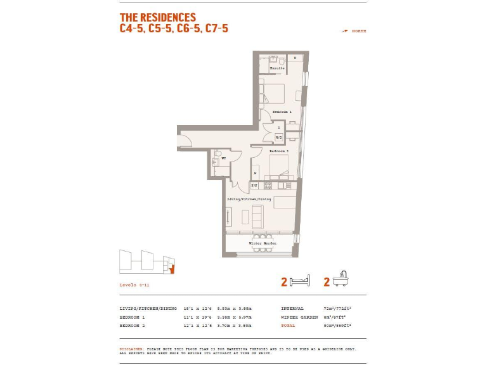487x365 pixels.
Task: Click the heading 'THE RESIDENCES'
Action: click(158, 18)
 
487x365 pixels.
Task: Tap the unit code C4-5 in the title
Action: click(131, 29)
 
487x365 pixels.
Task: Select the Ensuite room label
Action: click(277, 68)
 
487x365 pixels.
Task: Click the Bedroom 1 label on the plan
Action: click(281, 112)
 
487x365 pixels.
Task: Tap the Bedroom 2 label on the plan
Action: click(279, 151)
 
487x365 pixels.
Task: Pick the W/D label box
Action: click(279, 138)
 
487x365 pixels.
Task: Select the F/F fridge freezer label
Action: click(254, 186)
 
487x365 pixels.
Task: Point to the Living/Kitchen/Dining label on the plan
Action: click(249, 199)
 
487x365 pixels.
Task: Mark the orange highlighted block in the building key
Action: click(171, 270)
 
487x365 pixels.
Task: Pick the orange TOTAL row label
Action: click(288, 325)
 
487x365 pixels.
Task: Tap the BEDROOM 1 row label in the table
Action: click(133, 317)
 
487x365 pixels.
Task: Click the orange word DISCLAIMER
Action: click(131, 349)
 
